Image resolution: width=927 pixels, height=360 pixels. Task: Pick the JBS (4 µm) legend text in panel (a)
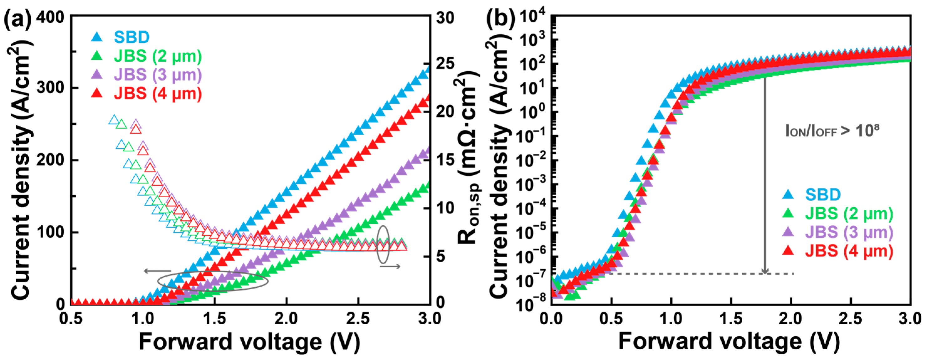pyautogui.click(x=157, y=94)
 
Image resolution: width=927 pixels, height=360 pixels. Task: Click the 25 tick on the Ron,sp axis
pyautogui.click(x=445, y=64)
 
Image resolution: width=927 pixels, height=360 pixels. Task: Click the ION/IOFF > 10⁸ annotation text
pyautogui.click(x=832, y=131)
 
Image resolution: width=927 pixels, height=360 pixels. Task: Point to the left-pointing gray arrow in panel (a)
pyautogui.click(x=157, y=271)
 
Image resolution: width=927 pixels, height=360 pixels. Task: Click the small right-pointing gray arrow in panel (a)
pyautogui.click(x=390, y=266)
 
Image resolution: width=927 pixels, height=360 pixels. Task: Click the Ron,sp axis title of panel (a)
pyautogui.click(x=468, y=158)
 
